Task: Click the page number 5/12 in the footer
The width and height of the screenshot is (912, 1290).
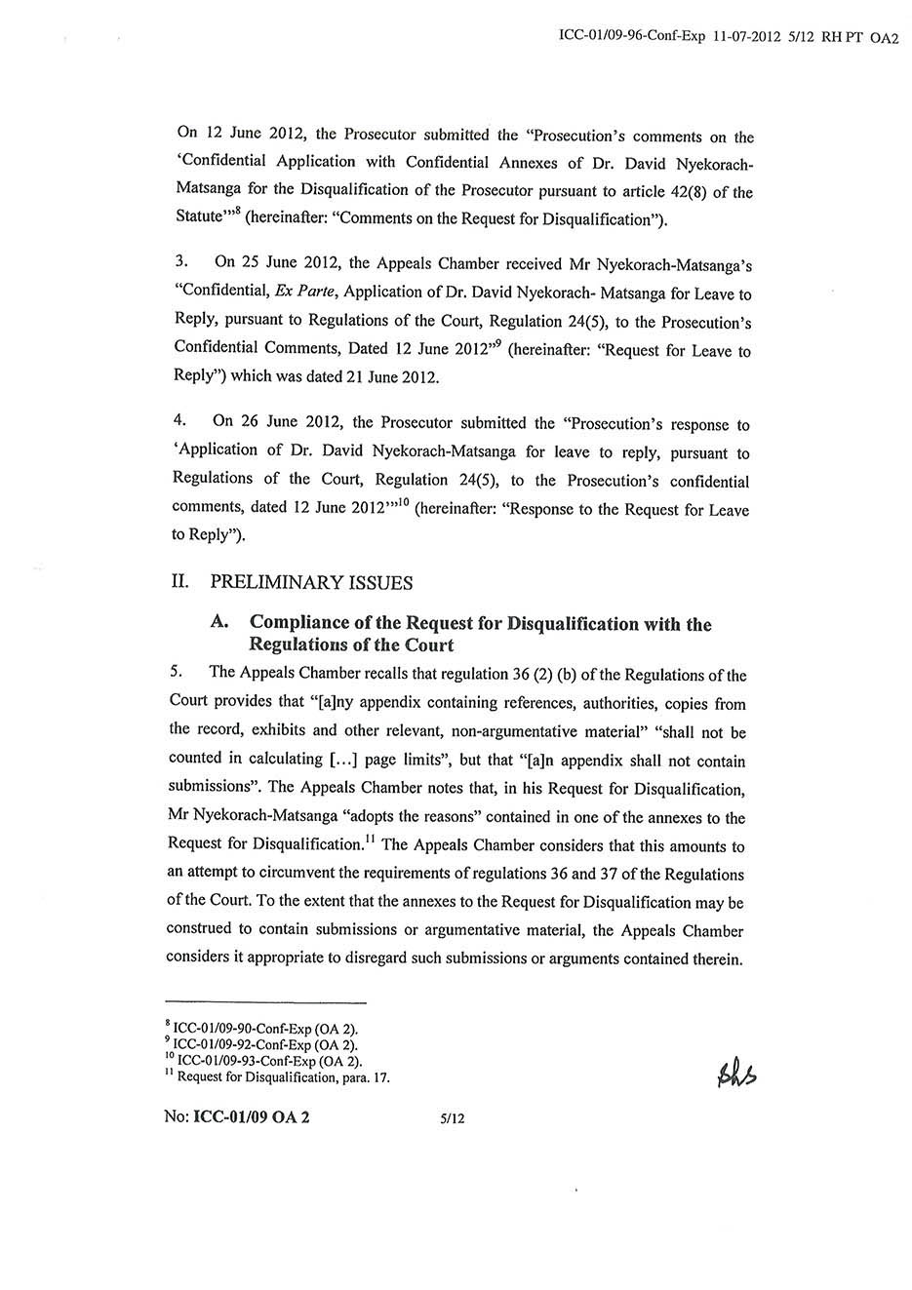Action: coord(453,1118)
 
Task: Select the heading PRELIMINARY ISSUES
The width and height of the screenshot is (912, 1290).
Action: coord(311,583)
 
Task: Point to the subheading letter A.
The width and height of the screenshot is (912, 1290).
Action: coord(220,623)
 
